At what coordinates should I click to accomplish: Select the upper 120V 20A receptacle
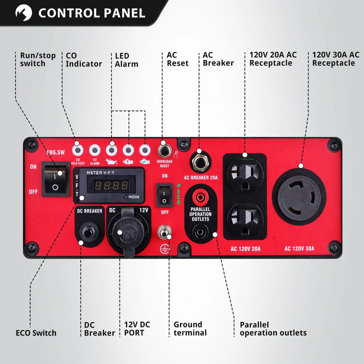pyautogui.click(x=245, y=174)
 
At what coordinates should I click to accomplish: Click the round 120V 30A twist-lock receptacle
pyautogui.click(x=299, y=197)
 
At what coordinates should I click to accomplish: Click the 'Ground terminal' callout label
pyautogui.click(x=190, y=329)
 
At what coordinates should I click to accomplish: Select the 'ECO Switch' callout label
pyautogui.click(x=36, y=333)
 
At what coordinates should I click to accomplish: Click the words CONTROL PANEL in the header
pyautogui.click(x=92, y=13)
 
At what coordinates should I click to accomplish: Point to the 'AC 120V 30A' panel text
pyautogui.click(x=299, y=248)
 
